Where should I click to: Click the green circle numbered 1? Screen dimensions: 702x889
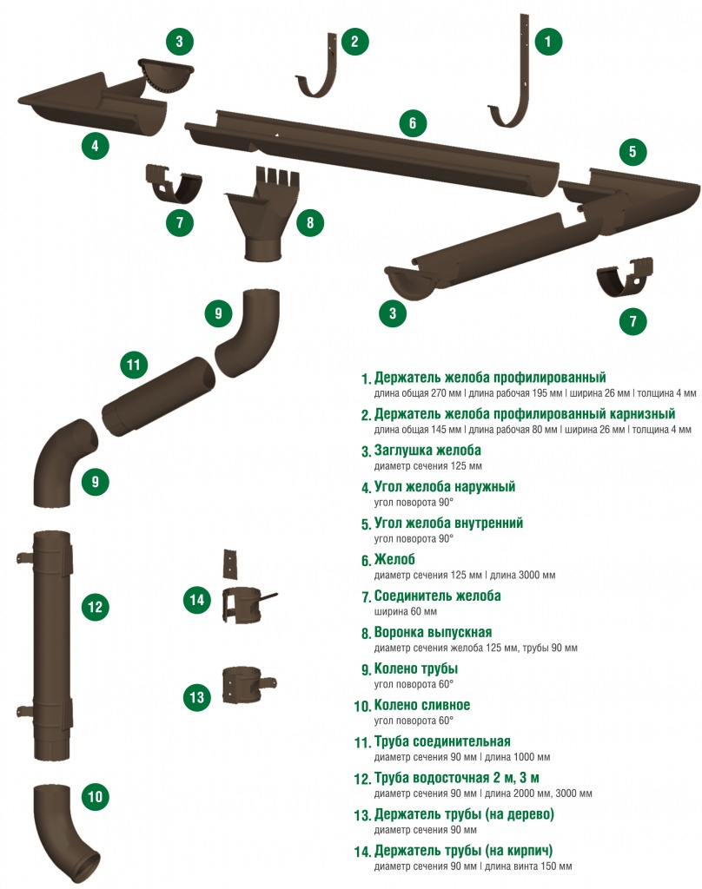coord(547,41)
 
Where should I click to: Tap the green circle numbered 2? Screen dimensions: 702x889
coord(354,41)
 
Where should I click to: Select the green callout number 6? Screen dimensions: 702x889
coord(413,123)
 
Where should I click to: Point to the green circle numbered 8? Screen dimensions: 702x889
coord(310,222)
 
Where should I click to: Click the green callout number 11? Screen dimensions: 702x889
coord(134,364)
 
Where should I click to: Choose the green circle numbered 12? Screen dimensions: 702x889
coord(95,607)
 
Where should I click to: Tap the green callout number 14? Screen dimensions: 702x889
coord(197,600)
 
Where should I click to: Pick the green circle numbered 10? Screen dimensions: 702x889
coord(95,797)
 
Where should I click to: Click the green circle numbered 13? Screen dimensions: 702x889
coord(197,697)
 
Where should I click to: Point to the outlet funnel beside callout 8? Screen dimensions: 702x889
coord(261,214)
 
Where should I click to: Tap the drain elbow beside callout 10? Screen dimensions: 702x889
coord(65,831)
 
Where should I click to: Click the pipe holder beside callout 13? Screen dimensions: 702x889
coord(248,685)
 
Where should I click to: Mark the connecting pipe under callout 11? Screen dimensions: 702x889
coord(158,396)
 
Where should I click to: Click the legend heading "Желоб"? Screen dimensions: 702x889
coord(395,560)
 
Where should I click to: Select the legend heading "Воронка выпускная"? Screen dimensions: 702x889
coord(433,632)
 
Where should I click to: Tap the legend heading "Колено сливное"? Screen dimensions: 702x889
coord(422,705)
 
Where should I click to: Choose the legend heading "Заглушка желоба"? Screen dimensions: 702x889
coord(427,451)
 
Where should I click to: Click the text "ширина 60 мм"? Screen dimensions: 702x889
coord(405,611)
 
